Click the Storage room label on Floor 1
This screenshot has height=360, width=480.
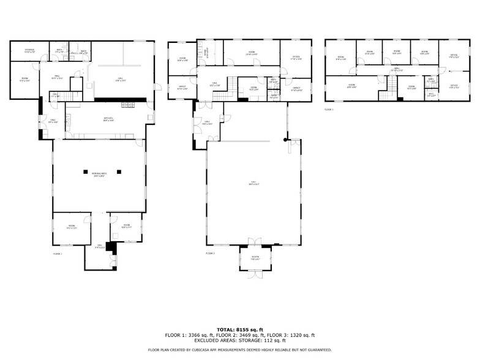point(29,51)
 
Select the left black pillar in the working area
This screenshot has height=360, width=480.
point(86,171)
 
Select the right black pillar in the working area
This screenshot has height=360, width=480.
point(120,171)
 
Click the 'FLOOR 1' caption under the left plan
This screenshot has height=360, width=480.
point(58,252)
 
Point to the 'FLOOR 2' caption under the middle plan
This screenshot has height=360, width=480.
point(210,252)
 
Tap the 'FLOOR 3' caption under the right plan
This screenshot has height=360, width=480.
point(329,109)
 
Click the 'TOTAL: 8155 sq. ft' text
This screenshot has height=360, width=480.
point(239,329)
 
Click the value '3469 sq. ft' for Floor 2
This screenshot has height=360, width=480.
point(249,335)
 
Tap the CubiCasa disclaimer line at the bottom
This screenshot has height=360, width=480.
point(239,350)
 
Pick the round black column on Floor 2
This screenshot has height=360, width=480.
point(285,140)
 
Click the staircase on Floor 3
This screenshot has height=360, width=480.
point(386,93)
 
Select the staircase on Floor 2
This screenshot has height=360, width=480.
point(226,96)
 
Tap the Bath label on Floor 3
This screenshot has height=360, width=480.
point(430,80)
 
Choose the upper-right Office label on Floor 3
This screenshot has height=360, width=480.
point(454,57)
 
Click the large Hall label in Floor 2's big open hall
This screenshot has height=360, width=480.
point(255,184)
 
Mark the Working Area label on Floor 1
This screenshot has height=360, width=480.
point(100,176)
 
